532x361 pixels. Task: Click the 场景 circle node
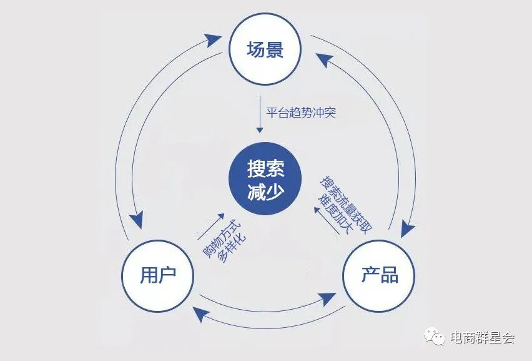coord(265,49)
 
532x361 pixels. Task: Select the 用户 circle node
coord(157,275)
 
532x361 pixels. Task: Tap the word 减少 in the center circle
coord(265,191)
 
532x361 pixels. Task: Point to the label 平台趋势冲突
coord(302,113)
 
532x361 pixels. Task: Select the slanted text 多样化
coord(231,248)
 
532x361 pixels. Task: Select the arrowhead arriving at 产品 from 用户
coord(327,297)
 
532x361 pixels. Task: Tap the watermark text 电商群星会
coord(482,338)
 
